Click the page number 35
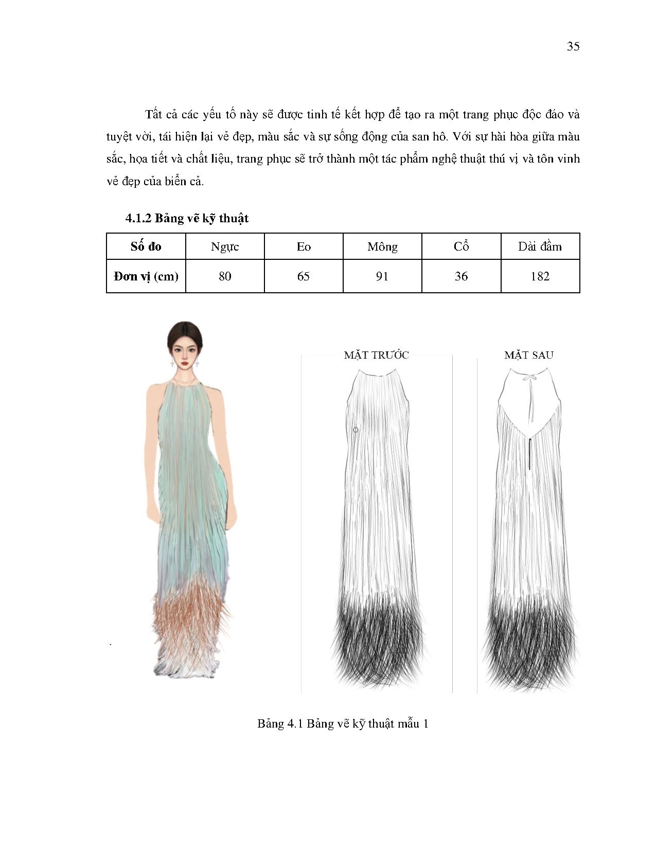pyautogui.click(x=573, y=46)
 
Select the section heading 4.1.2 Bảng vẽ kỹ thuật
pyautogui.click(x=187, y=218)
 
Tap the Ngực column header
pyautogui.click(x=225, y=246)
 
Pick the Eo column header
pyautogui.click(x=304, y=246)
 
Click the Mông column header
pyautogui.click(x=382, y=246)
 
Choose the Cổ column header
pyautogui.click(x=461, y=246)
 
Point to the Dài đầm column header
pyautogui.click(x=540, y=246)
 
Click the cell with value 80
pyautogui.click(x=225, y=276)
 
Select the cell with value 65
pyautogui.click(x=304, y=276)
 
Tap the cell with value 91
pyautogui.click(x=382, y=276)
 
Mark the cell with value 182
pyautogui.click(x=540, y=276)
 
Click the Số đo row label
pyautogui.click(x=146, y=246)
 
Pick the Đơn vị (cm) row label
pyautogui.click(x=146, y=276)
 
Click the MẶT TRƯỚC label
pyautogui.click(x=376, y=355)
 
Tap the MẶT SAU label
pyautogui.click(x=528, y=355)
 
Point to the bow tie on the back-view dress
pyautogui.click(x=530, y=378)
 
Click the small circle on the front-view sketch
pyautogui.click(x=356, y=430)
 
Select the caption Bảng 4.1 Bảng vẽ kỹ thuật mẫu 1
pyautogui.click(x=343, y=724)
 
